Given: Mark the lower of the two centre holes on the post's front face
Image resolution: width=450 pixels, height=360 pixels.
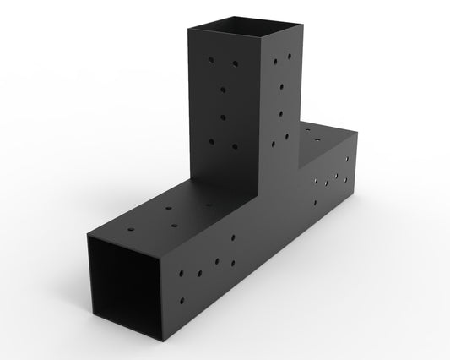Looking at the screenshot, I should pos(225,115).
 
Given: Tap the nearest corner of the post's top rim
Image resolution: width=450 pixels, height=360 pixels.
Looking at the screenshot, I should pos(268,41).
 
